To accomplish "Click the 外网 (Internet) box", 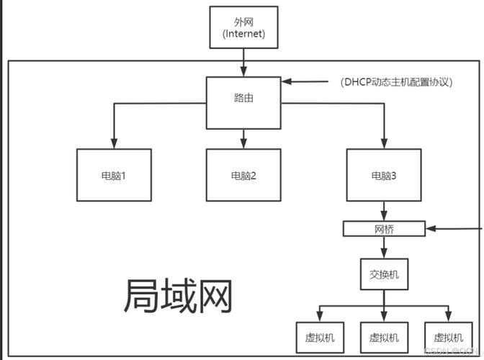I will pyautogui.click(x=243, y=27).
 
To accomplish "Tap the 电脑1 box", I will pyautogui.click(x=114, y=175).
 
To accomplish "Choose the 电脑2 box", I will pyautogui.click(x=243, y=175).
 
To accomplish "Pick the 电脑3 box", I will pyautogui.click(x=383, y=175).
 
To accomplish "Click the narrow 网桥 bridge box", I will pyautogui.click(x=383, y=229).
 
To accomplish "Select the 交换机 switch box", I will pyautogui.click(x=383, y=274).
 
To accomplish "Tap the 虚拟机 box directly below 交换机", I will pyautogui.click(x=383, y=338).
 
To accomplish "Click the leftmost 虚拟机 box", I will pyautogui.click(x=320, y=338).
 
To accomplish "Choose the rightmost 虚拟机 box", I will pyautogui.click(x=447, y=338).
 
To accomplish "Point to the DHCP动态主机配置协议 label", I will pyautogui.click(x=396, y=82).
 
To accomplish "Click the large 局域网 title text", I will pyautogui.click(x=179, y=295).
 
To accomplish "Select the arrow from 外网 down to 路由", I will pyautogui.click(x=243, y=63).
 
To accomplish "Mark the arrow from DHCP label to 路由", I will pyautogui.click(x=306, y=81).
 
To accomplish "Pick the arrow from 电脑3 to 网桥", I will pyautogui.click(x=383, y=211).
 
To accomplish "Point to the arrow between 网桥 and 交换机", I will pyautogui.click(x=383, y=248).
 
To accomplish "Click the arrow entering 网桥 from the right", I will pyautogui.click(x=454, y=229).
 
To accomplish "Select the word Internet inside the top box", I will pyautogui.click(x=243, y=33).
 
